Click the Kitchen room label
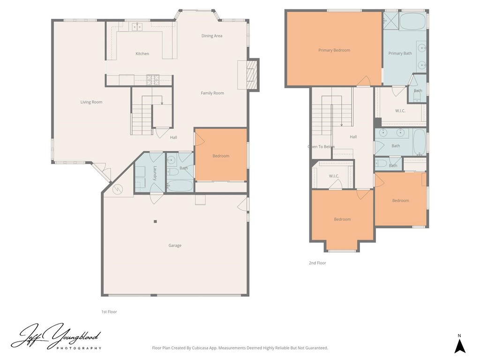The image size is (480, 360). pyautogui.click(x=142, y=54)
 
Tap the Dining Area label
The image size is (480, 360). pyautogui.click(x=212, y=36)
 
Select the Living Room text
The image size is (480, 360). pyautogui.click(x=91, y=102)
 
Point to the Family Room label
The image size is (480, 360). pyautogui.click(x=212, y=93)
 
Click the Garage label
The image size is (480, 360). pyautogui.click(x=175, y=246)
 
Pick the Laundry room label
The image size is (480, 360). pyautogui.click(x=154, y=173)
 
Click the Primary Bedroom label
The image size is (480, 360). pyautogui.click(x=334, y=51)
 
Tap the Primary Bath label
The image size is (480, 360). pyautogui.click(x=400, y=53)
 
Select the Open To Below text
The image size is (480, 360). pyautogui.click(x=321, y=147)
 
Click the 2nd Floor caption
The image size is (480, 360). pyautogui.click(x=317, y=263)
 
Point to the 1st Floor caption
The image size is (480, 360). pyautogui.click(x=109, y=312)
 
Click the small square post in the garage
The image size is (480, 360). pyautogui.click(x=155, y=222)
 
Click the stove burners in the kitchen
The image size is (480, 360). pyautogui.click(x=153, y=80)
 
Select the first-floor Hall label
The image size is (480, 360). pyautogui.click(x=173, y=138)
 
